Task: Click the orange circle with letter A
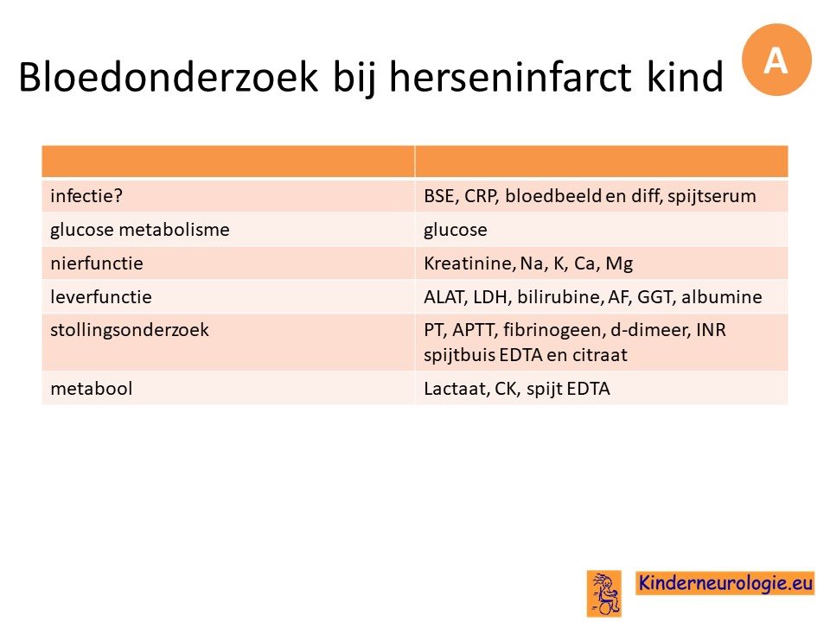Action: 776,60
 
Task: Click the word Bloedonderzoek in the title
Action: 169,77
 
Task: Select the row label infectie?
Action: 86,196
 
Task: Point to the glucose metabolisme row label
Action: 140,230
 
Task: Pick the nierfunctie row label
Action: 97,263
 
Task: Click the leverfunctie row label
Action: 101,296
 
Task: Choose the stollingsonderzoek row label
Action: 130,330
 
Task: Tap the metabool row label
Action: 91,389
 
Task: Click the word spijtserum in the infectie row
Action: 712,196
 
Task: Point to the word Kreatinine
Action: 469,263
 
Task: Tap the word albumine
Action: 721,296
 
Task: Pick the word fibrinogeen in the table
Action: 553,330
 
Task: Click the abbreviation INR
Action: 711,330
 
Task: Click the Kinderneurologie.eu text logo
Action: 725,583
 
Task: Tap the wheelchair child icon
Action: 604,593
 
